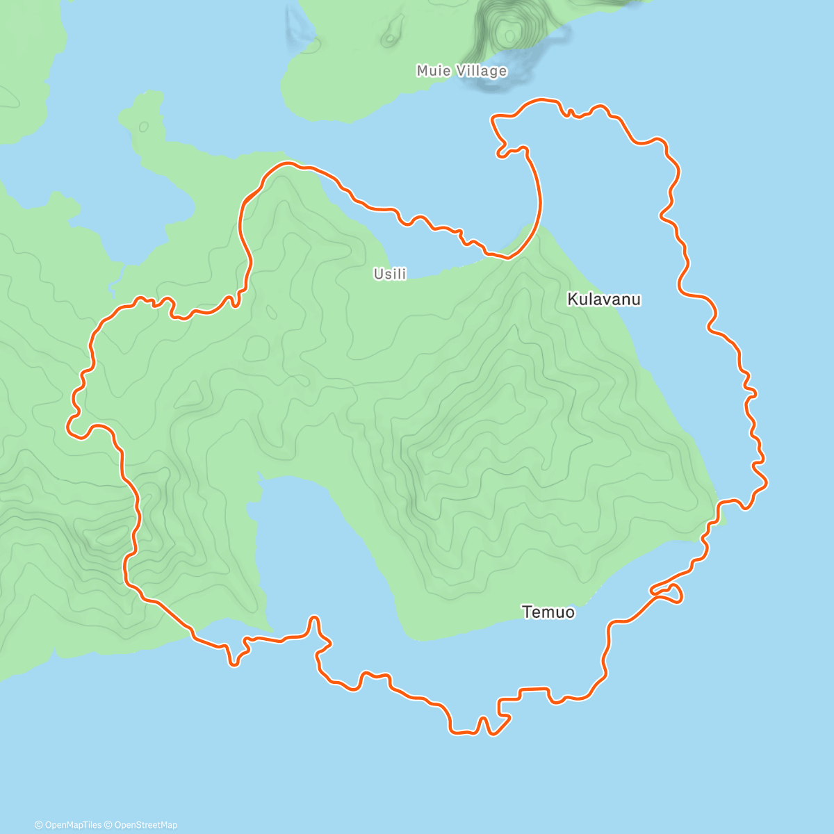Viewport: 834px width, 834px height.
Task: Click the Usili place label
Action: (x=390, y=274)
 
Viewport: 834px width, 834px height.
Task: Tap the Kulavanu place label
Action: (x=604, y=300)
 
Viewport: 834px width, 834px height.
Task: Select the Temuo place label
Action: (x=548, y=612)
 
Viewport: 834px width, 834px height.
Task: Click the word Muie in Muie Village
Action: (x=432, y=71)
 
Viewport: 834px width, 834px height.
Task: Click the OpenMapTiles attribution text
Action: (x=72, y=825)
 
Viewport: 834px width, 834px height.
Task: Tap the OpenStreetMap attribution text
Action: (x=145, y=825)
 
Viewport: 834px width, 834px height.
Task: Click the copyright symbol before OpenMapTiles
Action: (x=39, y=825)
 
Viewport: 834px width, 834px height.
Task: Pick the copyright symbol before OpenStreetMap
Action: (x=108, y=825)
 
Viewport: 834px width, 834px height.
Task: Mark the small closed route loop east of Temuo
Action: (x=669, y=593)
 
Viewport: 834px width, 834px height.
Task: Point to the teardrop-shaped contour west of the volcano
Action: (x=392, y=31)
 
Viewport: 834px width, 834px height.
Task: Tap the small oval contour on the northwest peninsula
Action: (x=144, y=127)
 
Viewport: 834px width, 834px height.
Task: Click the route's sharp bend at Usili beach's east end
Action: (x=507, y=257)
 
